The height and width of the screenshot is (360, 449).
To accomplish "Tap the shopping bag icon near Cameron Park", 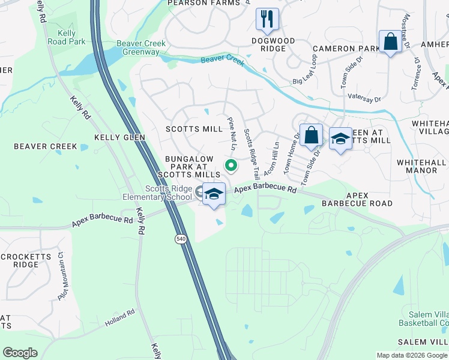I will click(x=390, y=42).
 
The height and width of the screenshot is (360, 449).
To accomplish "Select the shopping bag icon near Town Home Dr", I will click(x=312, y=135).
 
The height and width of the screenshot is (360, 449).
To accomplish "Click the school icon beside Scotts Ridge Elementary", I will click(x=214, y=194).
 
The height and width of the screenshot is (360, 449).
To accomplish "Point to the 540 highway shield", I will click(x=180, y=239).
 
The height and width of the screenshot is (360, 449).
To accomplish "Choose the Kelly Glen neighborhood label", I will click(x=120, y=137).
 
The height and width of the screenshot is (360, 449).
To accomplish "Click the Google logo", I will click(x=20, y=353).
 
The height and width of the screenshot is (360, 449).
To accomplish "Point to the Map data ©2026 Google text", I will click(x=411, y=355).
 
